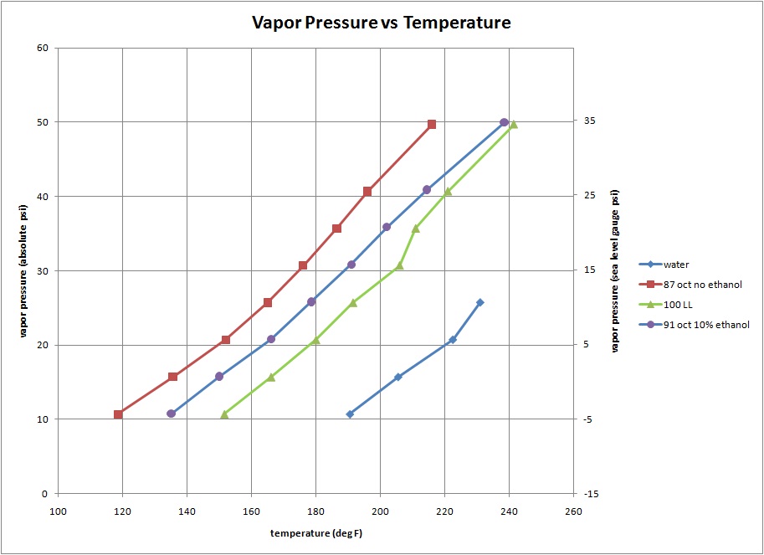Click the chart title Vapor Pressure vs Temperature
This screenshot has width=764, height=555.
coord(382,23)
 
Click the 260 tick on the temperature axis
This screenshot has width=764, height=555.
coord(573,511)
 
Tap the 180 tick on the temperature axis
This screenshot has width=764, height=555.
coord(315,511)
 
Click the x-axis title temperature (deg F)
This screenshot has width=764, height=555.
coord(315,533)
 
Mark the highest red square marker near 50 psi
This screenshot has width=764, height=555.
coord(432,125)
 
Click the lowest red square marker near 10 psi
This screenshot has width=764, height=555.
coord(118,414)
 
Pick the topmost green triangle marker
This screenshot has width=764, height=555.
coord(513,125)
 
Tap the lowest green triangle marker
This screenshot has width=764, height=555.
coord(223,414)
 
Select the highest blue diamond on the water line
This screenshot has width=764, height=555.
coord(479,302)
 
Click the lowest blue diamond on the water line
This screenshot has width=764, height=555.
coord(350,414)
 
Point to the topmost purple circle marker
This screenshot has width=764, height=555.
coord(504,122)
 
